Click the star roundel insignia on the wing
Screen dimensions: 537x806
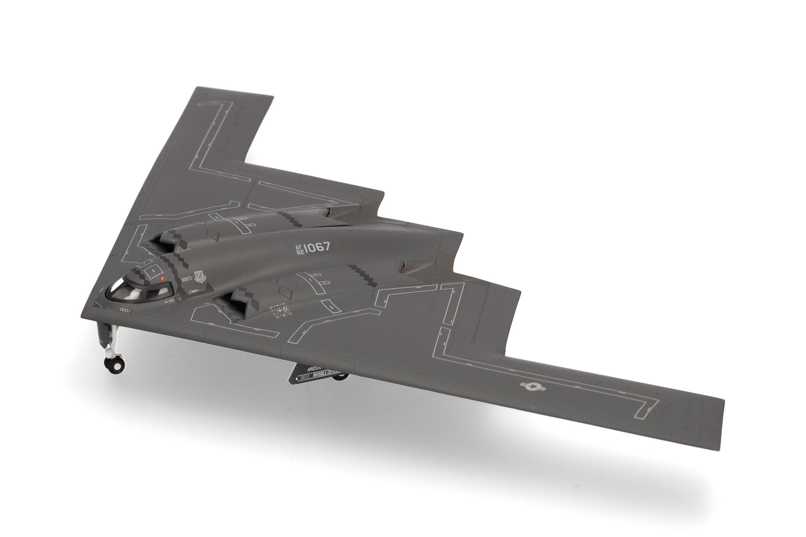pyautogui.click(x=529, y=386)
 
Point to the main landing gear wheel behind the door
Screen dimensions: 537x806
pyautogui.click(x=341, y=377)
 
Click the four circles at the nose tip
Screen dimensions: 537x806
pyautogui.click(x=99, y=303)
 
